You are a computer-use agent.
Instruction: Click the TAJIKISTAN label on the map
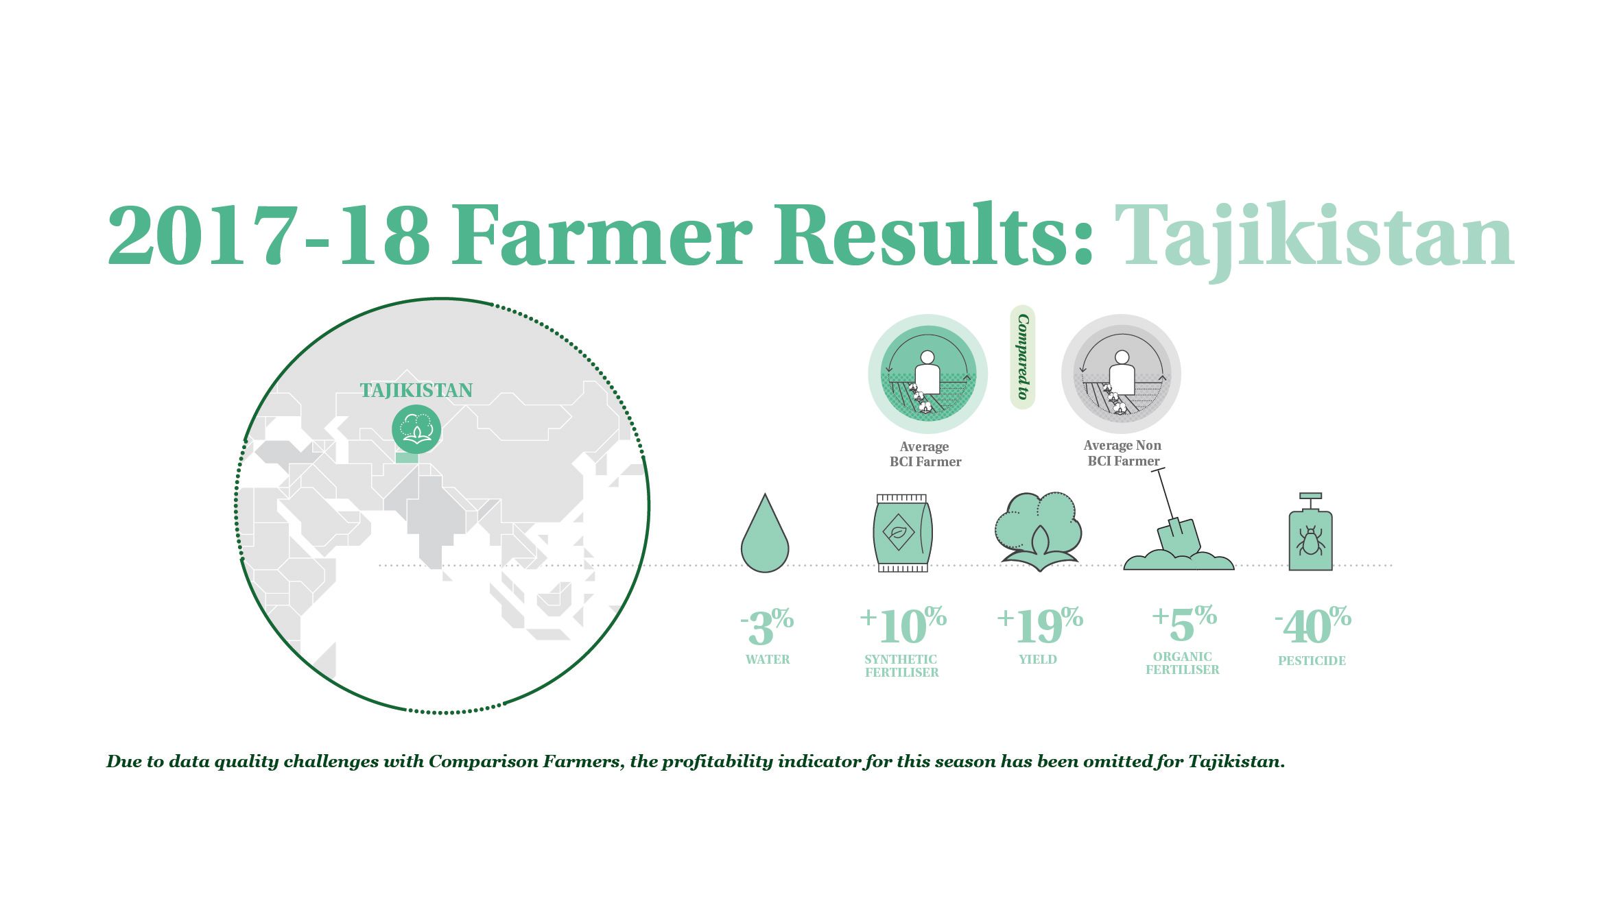[x=416, y=391]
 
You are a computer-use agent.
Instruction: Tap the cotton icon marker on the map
[x=416, y=429]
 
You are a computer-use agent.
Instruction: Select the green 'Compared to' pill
[x=1023, y=357]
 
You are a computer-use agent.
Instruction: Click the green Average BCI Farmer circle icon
[x=927, y=374]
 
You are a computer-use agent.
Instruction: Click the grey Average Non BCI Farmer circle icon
[x=1121, y=374]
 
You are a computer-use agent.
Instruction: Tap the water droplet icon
[x=765, y=533]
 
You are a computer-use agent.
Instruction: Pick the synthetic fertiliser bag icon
[x=902, y=533]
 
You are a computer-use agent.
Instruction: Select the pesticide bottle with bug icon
[x=1310, y=531]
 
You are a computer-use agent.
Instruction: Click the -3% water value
[x=767, y=626]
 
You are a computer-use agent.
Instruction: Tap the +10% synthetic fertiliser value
[x=903, y=625]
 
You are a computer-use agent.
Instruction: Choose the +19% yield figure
[x=1039, y=625]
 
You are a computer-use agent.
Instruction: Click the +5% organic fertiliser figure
[x=1184, y=623]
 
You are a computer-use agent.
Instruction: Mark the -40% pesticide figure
[x=1313, y=625]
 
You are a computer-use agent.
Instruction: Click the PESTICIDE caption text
[x=1312, y=661]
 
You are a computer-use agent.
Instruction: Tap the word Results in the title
[x=933, y=234]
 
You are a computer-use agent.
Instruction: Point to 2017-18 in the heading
[x=269, y=235]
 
